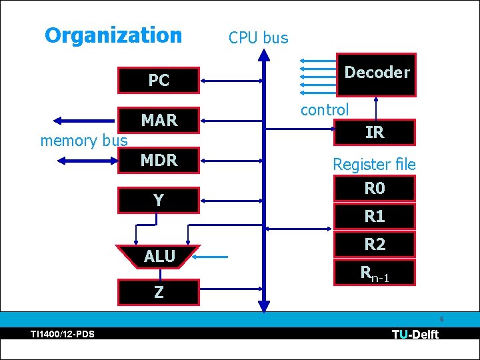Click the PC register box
coord(159,80)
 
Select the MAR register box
coord(159,120)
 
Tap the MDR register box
coord(159,160)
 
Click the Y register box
coord(159,200)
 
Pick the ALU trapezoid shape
coord(159,256)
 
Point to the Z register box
coord(159,292)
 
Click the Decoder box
coord(376,73)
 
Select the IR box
coord(375,132)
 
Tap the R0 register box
coord(375,189)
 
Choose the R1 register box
coord(375,217)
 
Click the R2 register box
coord(375,245)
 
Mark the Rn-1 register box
coord(375,273)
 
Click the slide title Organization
coord(113,35)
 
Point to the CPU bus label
coord(258,38)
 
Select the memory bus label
coord(83,141)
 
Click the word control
coord(324,110)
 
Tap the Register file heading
coord(374,164)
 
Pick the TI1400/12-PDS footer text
coord(62,334)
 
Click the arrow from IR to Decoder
coord(377,107)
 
